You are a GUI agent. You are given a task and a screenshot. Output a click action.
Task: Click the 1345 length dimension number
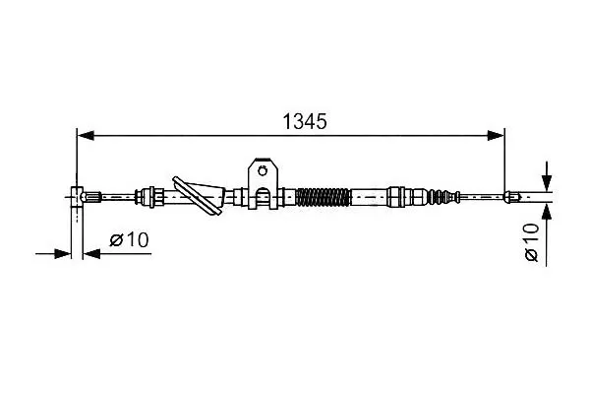tap(305, 121)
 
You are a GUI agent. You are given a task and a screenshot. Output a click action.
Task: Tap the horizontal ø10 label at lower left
tap(129, 239)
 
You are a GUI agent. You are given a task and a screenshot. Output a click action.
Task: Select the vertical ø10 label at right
tap(532, 241)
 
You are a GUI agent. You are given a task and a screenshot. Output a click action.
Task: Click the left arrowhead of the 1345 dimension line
tap(86, 135)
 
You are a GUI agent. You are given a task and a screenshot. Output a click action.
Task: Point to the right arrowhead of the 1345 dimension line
tap(496, 135)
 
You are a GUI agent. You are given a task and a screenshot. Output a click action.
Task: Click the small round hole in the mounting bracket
tap(263, 170)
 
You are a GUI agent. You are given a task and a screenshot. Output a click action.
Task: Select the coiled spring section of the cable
tap(324, 197)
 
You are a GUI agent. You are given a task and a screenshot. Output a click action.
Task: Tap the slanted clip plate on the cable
tap(199, 196)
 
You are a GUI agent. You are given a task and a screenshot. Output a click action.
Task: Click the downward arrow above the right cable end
tap(547, 175)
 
